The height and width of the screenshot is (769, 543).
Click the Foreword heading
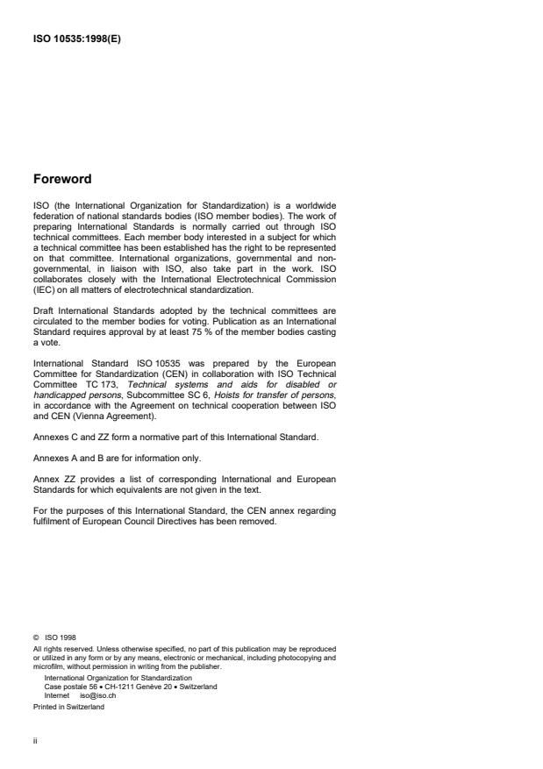point(62,180)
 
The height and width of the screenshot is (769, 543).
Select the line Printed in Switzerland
point(68,706)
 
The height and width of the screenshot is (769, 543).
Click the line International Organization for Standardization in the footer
point(118,679)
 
